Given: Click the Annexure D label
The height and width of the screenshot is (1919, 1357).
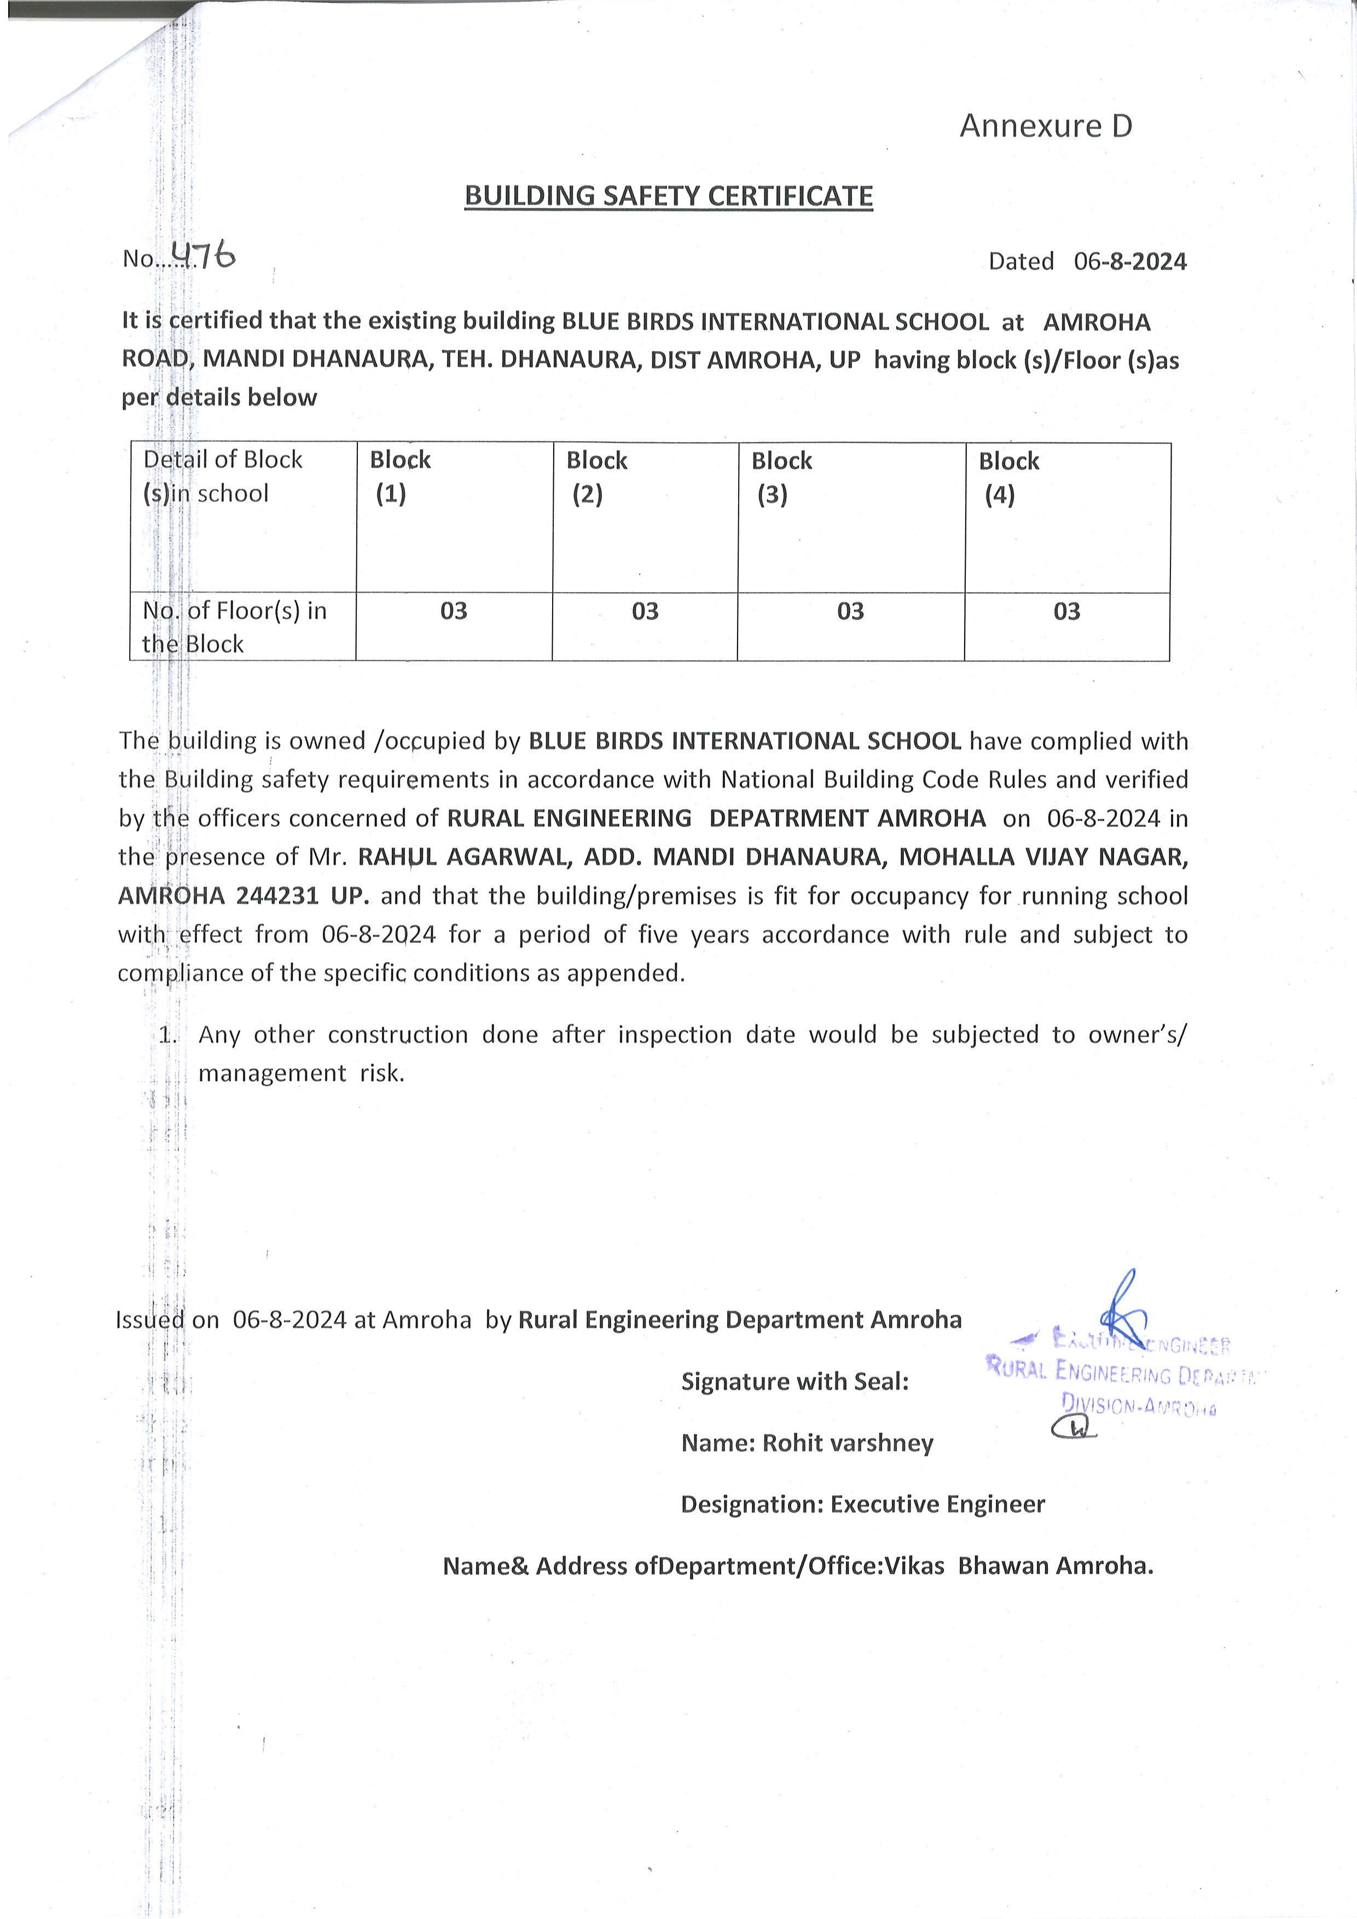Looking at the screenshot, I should (1045, 126).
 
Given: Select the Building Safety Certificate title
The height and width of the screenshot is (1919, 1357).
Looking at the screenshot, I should (669, 195).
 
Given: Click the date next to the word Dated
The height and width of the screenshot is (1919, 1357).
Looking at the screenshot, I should (1130, 262).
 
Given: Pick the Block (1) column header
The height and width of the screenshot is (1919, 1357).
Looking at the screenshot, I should (399, 477).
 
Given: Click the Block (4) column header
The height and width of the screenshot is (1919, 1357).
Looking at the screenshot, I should (1008, 477).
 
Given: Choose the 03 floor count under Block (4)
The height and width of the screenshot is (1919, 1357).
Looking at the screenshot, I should (1066, 611).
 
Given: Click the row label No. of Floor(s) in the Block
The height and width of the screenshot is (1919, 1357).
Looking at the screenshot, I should (234, 627).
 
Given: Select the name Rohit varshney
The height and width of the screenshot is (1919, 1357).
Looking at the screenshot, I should (847, 1442).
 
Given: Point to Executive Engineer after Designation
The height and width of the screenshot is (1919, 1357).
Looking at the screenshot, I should (937, 1504).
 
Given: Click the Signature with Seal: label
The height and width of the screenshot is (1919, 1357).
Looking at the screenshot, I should (795, 1382).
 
